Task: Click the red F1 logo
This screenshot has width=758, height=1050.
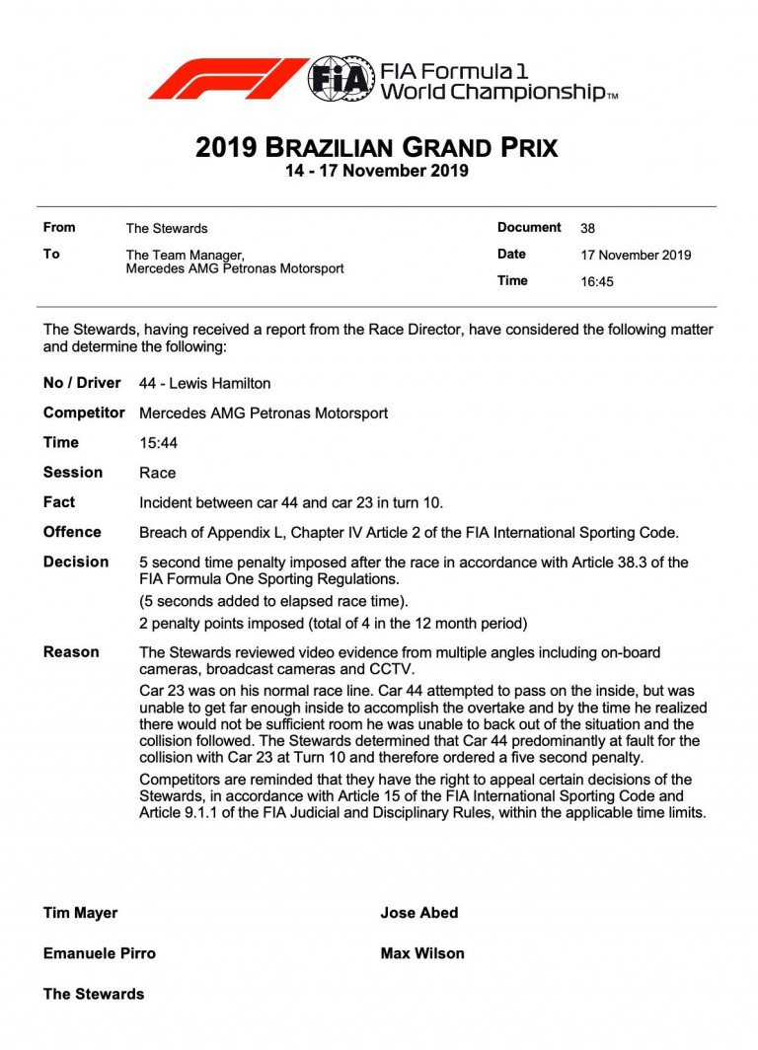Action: coord(227,79)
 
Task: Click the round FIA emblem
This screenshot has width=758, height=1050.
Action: coord(341,79)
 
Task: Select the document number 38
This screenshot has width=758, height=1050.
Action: coord(587,228)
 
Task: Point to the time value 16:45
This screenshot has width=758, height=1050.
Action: coord(597,281)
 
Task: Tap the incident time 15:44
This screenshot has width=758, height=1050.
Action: coord(158,443)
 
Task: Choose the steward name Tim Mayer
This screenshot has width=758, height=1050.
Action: coord(80,913)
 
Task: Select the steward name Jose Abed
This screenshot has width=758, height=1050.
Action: coord(418,913)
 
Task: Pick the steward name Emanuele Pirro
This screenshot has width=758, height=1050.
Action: coord(99,953)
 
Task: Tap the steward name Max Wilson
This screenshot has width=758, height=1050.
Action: coord(421,953)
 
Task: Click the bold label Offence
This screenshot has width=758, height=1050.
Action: coord(72,532)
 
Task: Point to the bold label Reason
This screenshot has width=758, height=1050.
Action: coord(71,652)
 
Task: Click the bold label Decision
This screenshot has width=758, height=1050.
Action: coord(76,562)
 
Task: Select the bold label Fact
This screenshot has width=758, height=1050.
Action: coord(59,502)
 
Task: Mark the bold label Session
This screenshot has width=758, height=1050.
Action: coord(73,473)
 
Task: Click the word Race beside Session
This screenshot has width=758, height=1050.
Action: coord(158,473)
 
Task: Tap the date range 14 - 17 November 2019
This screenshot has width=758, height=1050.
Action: coord(377,172)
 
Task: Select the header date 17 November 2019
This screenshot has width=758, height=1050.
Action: coord(636,255)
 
